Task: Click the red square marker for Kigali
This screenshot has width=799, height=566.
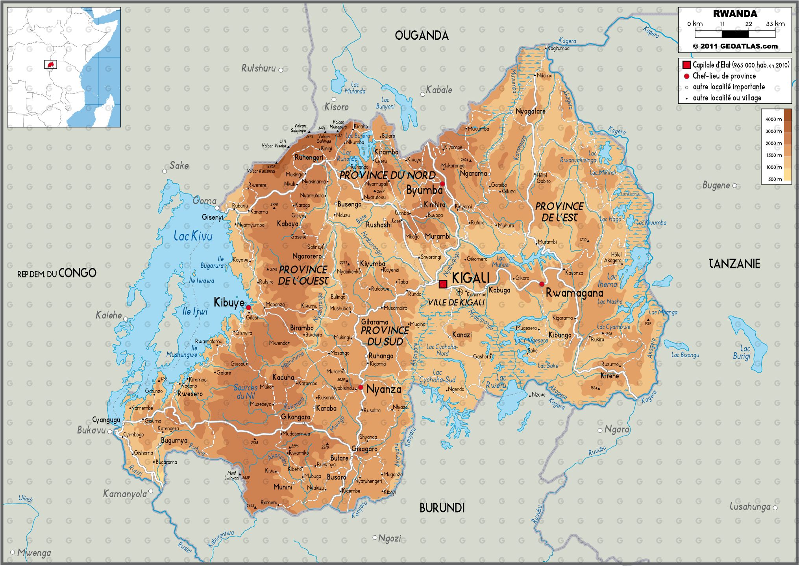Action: click(443, 284)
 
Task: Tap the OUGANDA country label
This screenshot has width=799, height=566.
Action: click(422, 36)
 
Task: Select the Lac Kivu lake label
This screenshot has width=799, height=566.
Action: click(193, 236)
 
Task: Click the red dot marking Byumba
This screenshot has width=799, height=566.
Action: click(442, 184)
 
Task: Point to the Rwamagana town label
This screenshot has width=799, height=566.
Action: click(574, 293)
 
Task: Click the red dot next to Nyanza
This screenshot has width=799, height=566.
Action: click(361, 388)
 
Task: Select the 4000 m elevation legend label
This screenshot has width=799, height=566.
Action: click(773, 119)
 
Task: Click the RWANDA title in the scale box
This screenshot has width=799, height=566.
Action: click(735, 14)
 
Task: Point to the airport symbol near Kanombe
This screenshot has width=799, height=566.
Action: click(459, 292)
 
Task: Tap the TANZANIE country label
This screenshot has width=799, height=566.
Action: click(734, 264)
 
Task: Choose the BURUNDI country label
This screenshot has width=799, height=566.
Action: click(442, 508)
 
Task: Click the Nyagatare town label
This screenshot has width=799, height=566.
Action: click(530, 111)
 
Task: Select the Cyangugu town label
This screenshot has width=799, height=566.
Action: click(106, 420)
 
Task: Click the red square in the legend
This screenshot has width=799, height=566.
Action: click(686, 65)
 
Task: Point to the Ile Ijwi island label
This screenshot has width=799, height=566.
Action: click(195, 312)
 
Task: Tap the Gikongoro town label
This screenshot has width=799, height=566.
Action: click(295, 417)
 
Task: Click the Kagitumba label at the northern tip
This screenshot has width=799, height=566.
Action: click(559, 48)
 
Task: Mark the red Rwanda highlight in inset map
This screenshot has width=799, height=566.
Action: click(50, 64)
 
